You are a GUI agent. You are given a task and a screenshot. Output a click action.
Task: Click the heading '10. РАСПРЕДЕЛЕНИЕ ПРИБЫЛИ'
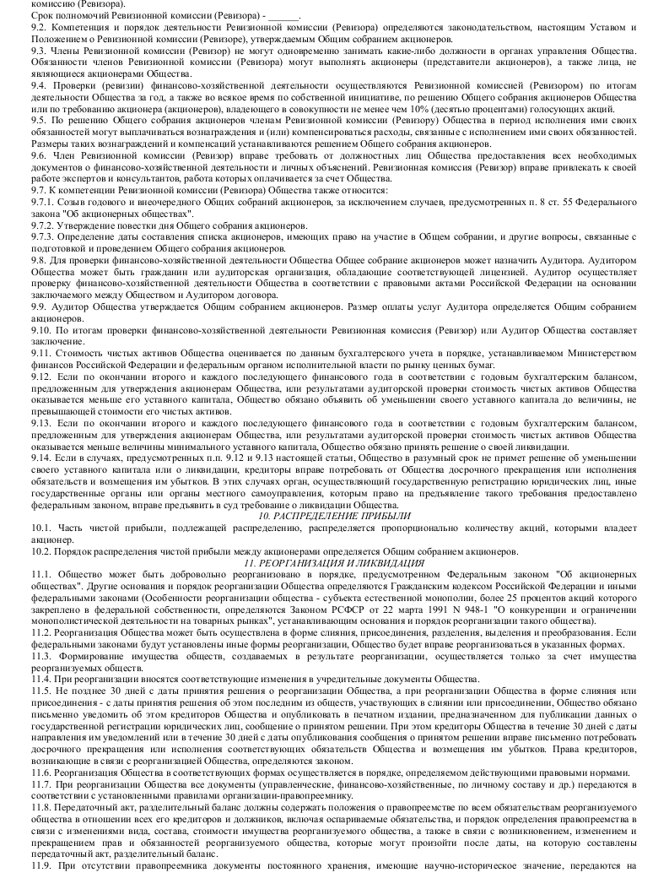pyautogui.click(x=334, y=516)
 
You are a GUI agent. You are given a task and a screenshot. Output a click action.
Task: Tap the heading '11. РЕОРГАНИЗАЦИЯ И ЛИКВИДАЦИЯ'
pyautogui.click(x=334, y=562)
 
